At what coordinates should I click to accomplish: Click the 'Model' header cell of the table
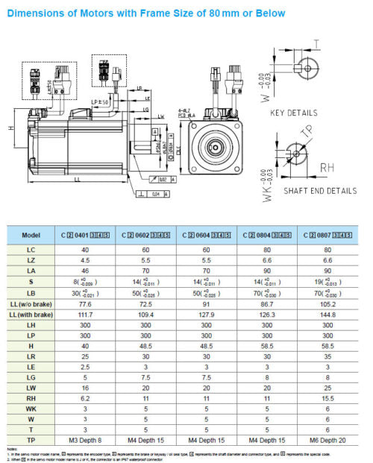31,235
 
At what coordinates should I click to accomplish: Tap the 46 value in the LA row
84,271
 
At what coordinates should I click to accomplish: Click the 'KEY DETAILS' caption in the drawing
293,114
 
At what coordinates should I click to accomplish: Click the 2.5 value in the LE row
84,367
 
